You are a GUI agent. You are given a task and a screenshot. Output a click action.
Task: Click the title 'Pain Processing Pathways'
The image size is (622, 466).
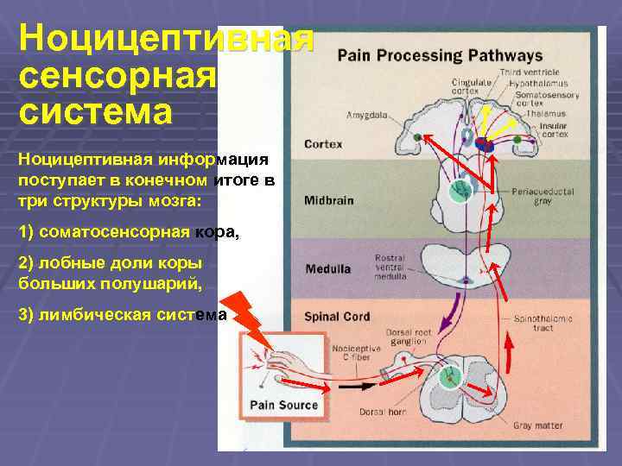(440, 56)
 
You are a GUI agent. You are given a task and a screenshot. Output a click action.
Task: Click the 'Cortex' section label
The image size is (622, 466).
(323, 144)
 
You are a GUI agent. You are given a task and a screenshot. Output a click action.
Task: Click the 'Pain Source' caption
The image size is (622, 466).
(284, 405)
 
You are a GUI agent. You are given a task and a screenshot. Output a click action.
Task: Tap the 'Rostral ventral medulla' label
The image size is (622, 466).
(394, 268)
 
